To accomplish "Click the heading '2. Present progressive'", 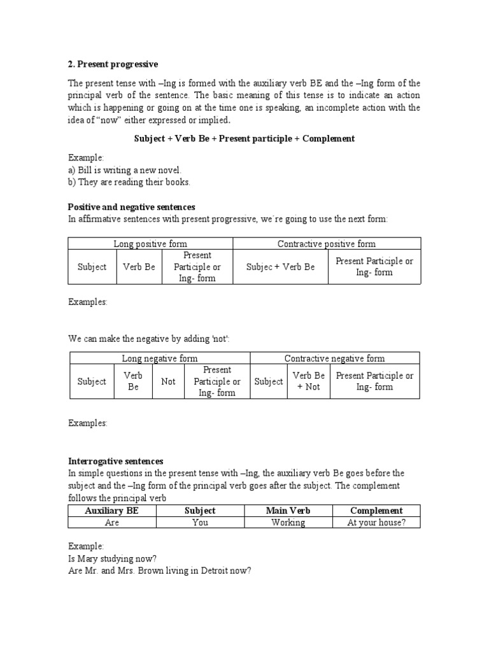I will click(x=113, y=64).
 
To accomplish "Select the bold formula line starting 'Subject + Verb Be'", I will click(x=244, y=139).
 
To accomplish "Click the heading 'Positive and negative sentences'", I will click(x=131, y=207).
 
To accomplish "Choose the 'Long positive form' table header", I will click(x=150, y=244).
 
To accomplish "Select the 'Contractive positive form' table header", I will click(x=327, y=244).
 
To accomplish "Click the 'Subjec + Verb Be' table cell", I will click(x=280, y=267).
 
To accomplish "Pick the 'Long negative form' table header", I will click(x=159, y=358).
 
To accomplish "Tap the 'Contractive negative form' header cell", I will click(x=334, y=358).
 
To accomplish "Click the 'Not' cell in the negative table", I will click(x=168, y=381).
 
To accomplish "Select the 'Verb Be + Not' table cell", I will click(x=309, y=381).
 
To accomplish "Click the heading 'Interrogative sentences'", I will click(x=116, y=461).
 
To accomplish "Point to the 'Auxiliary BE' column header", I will click(x=111, y=511).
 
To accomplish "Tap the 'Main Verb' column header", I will click(x=288, y=511).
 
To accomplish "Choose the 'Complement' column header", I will click(x=376, y=511).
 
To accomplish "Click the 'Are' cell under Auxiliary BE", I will click(x=111, y=523).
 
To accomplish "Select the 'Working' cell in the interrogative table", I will click(x=288, y=523).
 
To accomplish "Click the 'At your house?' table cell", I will click(x=376, y=523).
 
